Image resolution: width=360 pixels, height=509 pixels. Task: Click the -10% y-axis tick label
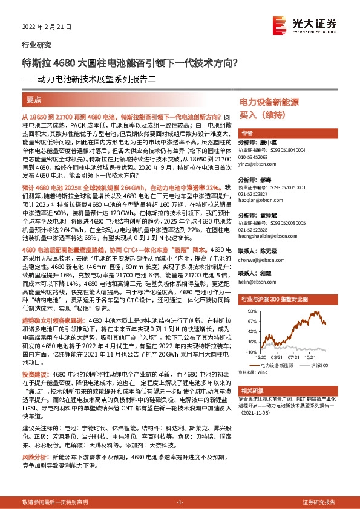point(250,351)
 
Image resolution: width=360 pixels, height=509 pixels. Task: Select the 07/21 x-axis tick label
point(295,357)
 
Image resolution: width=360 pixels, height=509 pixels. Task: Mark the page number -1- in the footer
point(179,502)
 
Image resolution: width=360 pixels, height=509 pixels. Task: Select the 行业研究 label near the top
point(36,45)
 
